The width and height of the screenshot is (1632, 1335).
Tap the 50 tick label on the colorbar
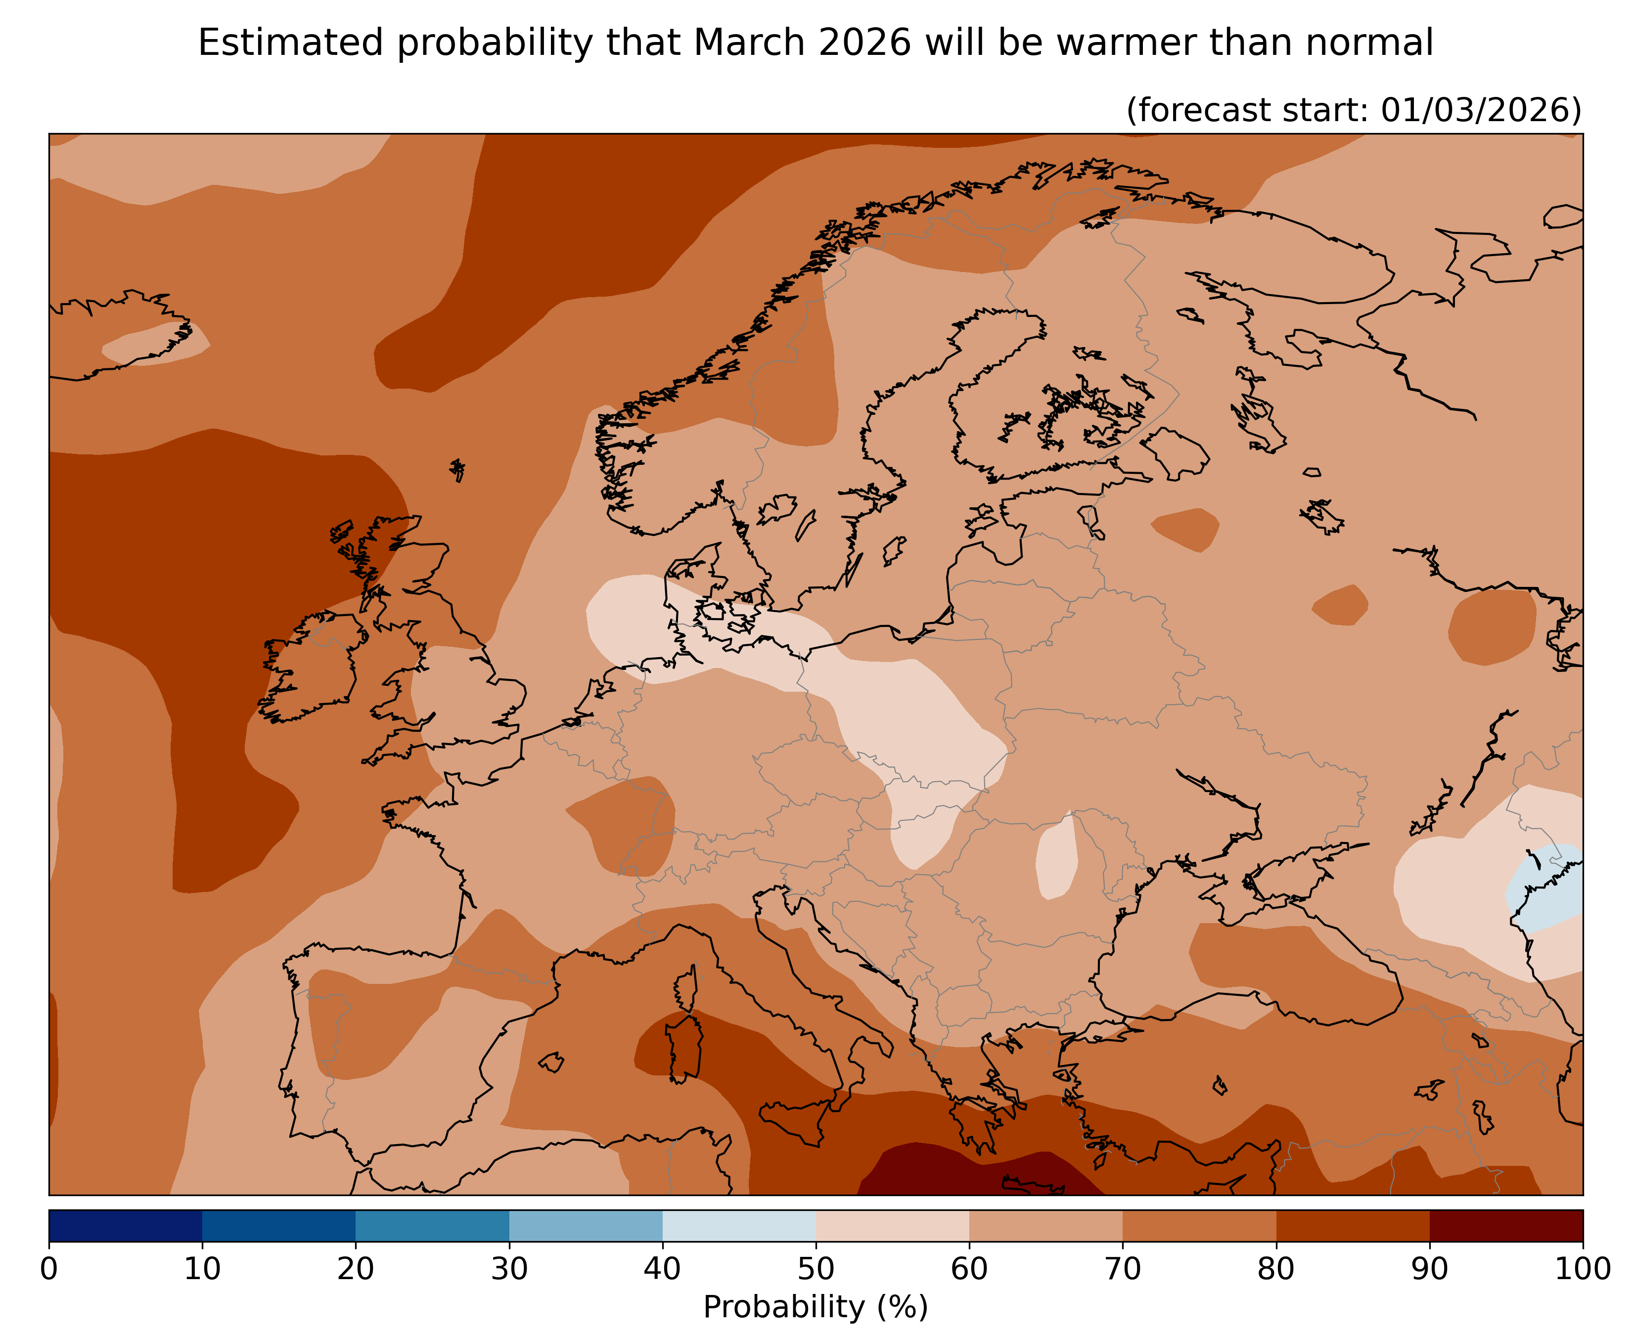tap(815, 1269)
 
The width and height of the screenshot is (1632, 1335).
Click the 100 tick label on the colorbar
tap(1581, 1269)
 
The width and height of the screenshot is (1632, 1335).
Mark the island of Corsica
tap(686, 992)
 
